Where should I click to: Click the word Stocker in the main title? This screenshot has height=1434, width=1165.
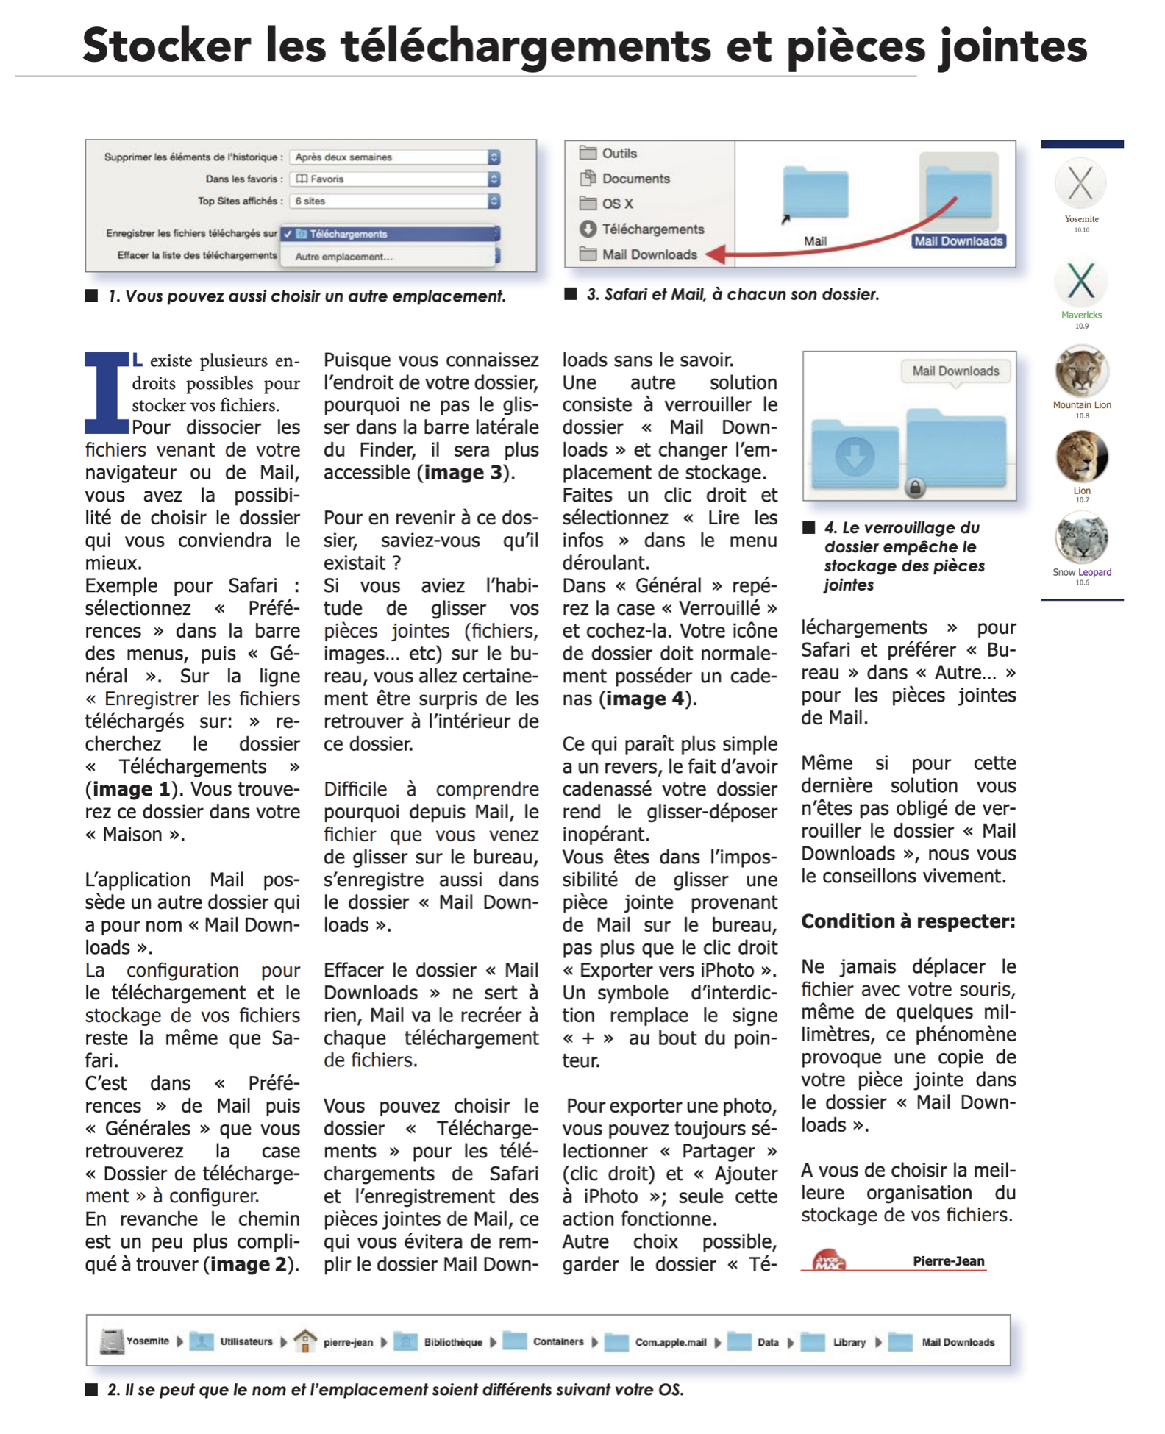pos(166,46)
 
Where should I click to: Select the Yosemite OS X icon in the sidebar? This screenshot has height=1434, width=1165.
pos(1080,184)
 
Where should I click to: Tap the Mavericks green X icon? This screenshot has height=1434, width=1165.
pos(1080,281)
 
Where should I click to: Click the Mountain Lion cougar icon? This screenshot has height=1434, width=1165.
pos(1081,371)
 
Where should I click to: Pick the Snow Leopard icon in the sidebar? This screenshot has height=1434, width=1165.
pos(1081,538)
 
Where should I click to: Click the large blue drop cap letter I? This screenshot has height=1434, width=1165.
pos(107,393)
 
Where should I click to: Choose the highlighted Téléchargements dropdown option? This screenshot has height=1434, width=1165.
pos(390,234)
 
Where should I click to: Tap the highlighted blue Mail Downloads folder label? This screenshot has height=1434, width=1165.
pos(958,241)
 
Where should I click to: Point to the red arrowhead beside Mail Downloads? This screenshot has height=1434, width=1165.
pos(716,254)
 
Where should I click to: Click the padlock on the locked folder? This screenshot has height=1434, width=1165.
pos(914,487)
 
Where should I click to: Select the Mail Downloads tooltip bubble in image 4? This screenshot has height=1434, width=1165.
pos(955,371)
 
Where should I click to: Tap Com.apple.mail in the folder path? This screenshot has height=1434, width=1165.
pos(670,1342)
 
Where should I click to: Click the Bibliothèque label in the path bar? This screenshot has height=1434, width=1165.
pos(452,1342)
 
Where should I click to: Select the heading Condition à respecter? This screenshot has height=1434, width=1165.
pos(908,921)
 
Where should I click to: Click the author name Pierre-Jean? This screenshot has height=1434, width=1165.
pos(948,1260)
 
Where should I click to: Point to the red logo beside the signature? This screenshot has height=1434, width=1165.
pos(829,1260)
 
